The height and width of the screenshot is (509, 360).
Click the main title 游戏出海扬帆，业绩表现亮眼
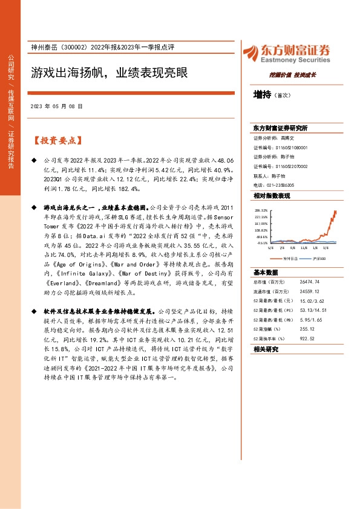[x=109, y=73]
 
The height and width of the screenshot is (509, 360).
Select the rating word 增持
[x=263, y=94]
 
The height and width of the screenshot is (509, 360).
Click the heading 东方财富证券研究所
[x=280, y=129]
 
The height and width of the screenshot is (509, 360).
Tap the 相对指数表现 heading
[x=272, y=196]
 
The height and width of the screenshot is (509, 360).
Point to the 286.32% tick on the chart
[x=261, y=210]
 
